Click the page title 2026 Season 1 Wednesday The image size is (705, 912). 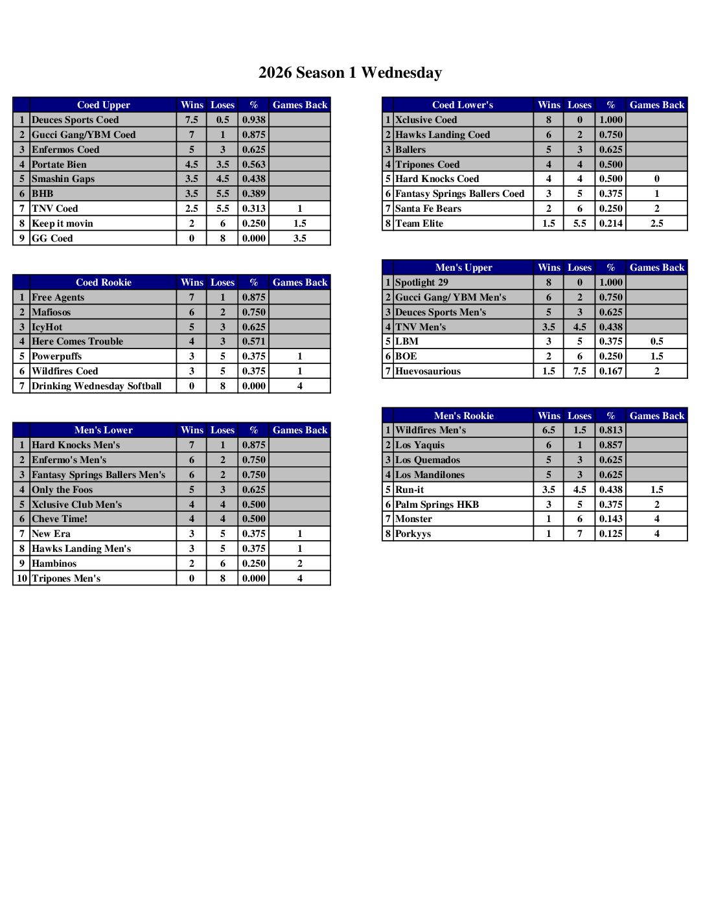350,73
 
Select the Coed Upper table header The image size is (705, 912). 103,105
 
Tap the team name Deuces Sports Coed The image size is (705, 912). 75,120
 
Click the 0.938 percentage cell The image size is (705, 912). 253,120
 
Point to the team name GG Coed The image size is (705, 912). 52,238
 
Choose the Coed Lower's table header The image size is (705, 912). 463,105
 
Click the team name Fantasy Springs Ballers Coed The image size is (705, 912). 459,194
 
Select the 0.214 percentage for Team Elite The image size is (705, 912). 610,223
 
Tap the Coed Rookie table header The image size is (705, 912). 103,282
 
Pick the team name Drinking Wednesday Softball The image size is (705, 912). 97,386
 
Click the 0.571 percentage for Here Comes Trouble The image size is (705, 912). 253,341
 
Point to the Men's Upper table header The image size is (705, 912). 463,268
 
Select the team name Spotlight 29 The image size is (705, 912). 422,282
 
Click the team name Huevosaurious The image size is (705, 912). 428,371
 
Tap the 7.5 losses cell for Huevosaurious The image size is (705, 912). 579,371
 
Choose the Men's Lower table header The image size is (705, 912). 103,430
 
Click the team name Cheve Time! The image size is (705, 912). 60,519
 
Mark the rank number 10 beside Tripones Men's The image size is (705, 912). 21,578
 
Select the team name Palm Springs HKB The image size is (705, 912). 437,505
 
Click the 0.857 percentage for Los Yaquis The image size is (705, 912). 610,445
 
